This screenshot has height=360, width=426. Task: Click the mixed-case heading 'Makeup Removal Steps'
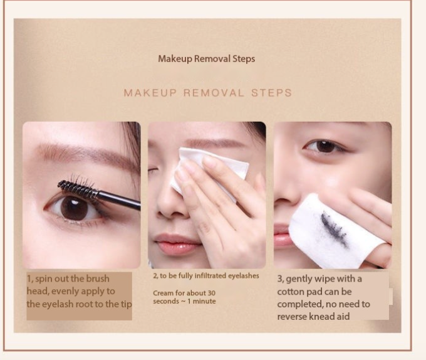tap(207, 59)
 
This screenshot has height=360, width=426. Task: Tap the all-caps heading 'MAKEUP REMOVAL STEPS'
tap(208, 93)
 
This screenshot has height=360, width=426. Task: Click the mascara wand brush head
tap(78, 189)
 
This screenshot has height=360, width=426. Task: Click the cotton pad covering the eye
tap(209, 171)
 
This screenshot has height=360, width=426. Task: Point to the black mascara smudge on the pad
tap(334, 229)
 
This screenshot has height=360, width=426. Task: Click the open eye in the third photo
tap(324, 146)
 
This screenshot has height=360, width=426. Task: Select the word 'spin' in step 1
tap(44, 279)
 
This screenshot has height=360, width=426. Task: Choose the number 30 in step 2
tap(211, 293)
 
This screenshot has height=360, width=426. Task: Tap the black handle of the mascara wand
tap(120, 201)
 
